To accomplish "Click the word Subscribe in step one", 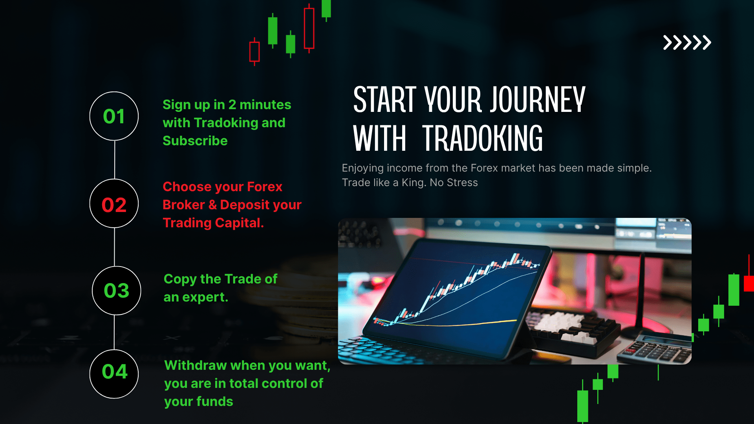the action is click(195, 141).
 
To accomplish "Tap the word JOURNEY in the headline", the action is click(538, 100).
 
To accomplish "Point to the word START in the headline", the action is click(384, 100).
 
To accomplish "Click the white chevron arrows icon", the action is click(687, 42).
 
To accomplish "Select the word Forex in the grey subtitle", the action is click(485, 168).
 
